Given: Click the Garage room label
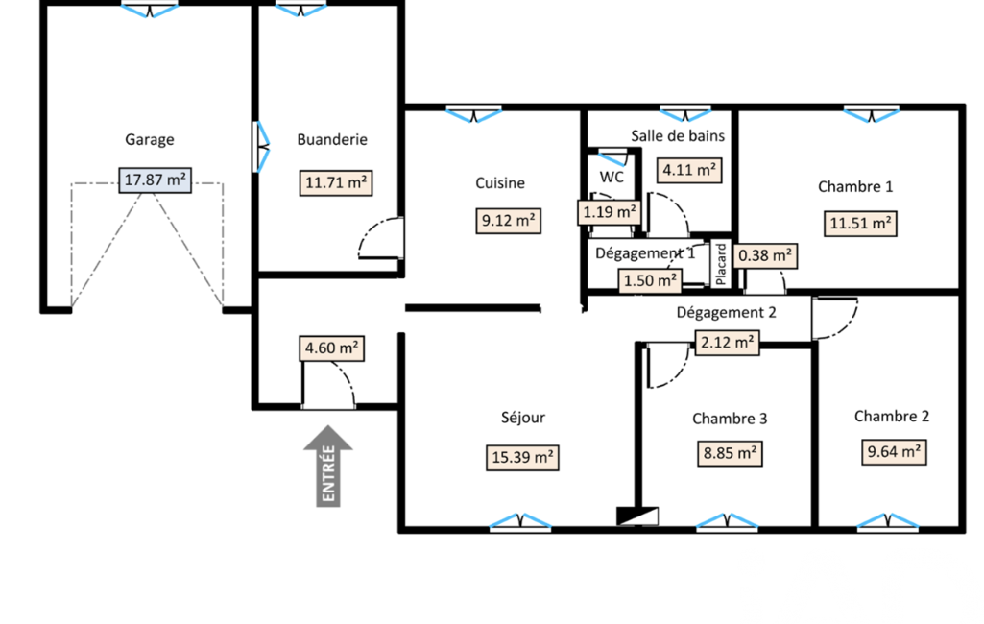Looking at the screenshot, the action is point(150,139).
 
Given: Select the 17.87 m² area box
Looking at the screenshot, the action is point(155,180).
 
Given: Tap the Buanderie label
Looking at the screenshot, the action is point(332,139).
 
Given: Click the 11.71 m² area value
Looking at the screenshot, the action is point(336,182).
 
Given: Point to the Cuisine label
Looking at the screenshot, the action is point(500,182).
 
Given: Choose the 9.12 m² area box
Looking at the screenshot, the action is point(508,221).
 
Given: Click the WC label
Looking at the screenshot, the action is point(612,177).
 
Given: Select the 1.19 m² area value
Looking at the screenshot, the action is point(609,212).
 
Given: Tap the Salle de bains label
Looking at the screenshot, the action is point(678,135).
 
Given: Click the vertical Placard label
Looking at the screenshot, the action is point(720,264).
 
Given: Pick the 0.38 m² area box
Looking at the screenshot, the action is point(765,256).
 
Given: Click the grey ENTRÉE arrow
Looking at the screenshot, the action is point(328,466).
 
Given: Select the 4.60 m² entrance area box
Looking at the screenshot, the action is point(332,348).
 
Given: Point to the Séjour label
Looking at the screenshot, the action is point(523,418).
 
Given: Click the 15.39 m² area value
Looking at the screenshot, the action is point(522,458).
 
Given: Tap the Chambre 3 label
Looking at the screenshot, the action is point(730,419).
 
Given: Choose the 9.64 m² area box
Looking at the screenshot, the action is point(894,452).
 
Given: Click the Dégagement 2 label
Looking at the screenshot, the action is point(726,313).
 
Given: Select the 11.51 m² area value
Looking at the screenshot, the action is point(860,224).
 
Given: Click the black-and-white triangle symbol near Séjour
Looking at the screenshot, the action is point(637,516).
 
